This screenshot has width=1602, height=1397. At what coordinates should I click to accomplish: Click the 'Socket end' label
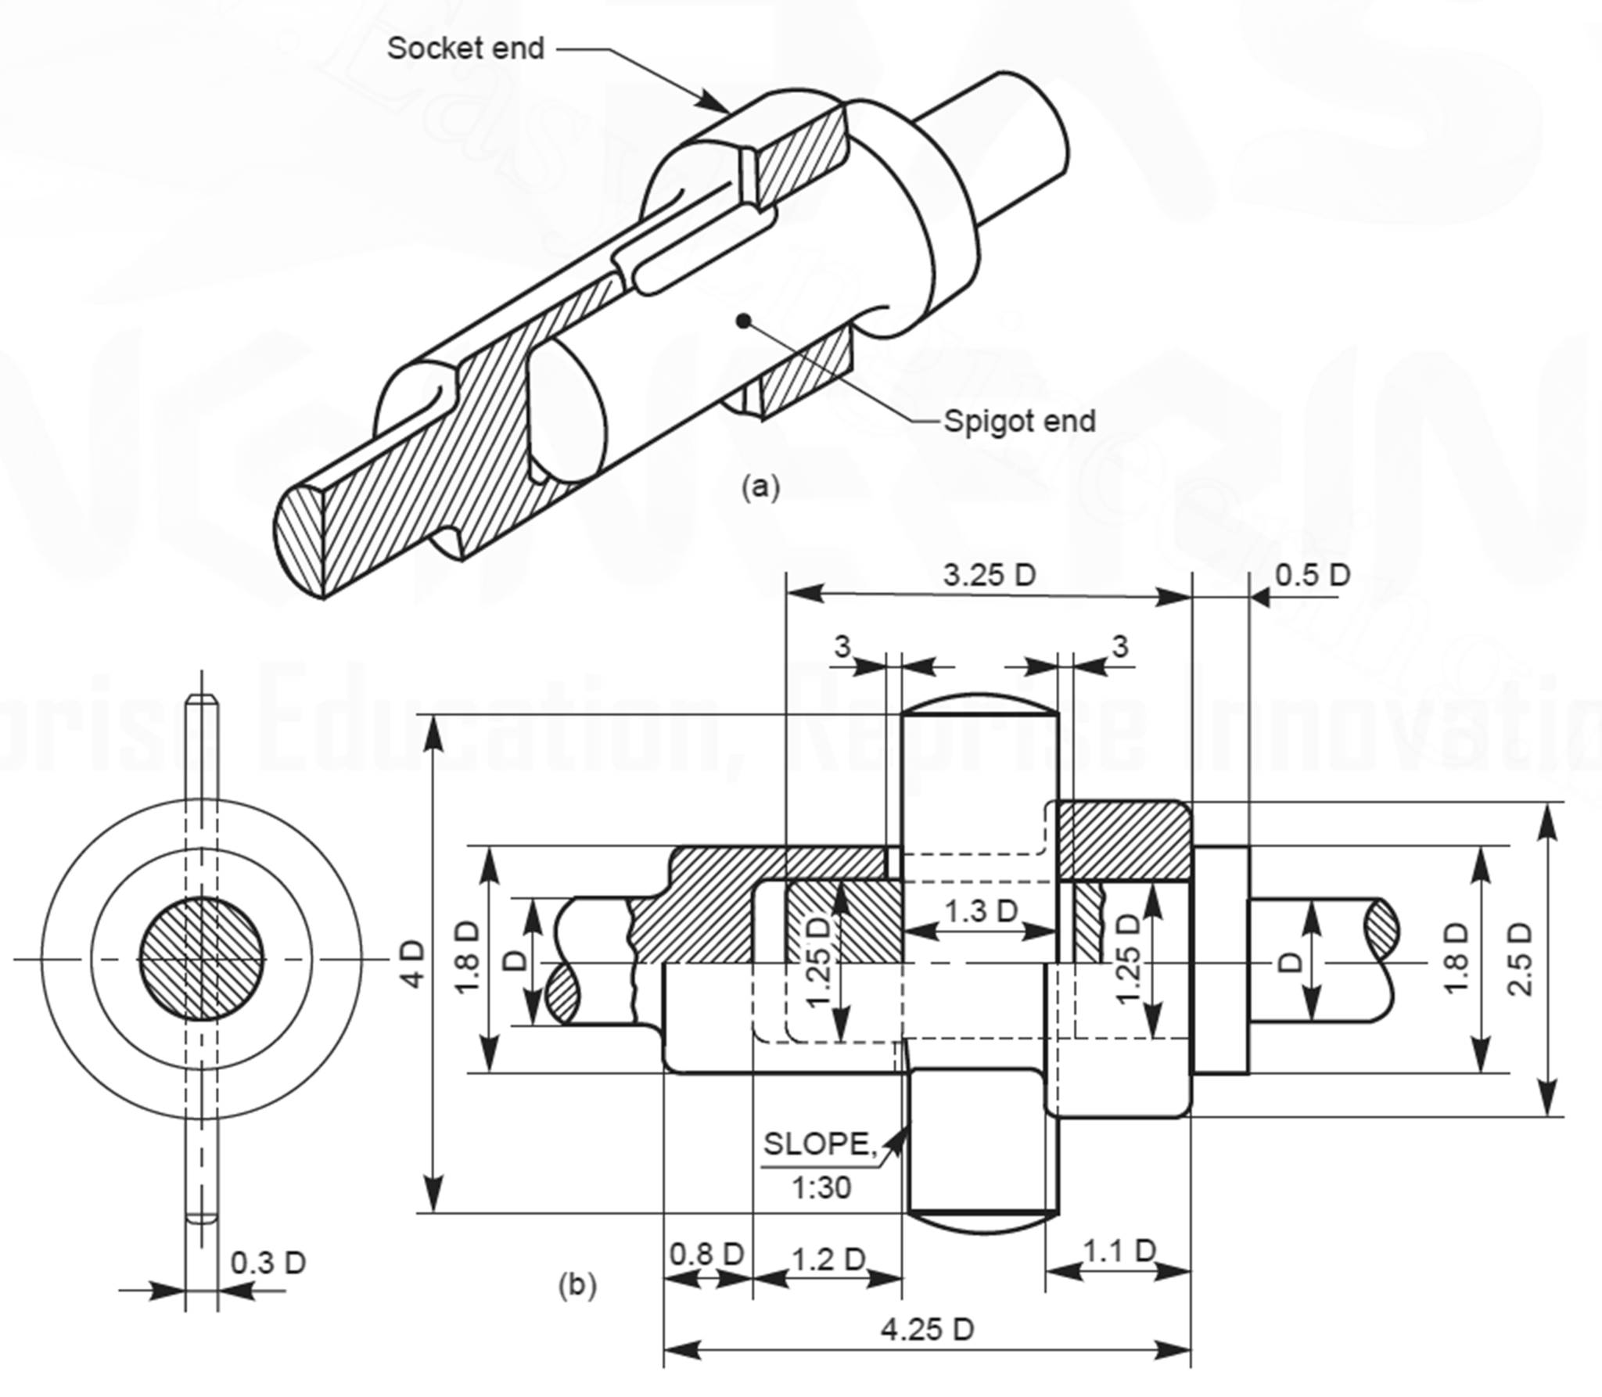465,48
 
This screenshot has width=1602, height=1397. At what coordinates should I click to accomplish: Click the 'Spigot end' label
1019,421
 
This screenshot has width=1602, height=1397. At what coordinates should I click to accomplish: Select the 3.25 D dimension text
989,575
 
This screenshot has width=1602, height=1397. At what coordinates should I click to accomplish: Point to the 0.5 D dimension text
1313,575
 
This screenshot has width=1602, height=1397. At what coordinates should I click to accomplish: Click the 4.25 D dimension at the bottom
927,1329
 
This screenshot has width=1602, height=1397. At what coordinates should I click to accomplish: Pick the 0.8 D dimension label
706,1254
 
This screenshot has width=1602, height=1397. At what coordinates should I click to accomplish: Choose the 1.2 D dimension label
828,1259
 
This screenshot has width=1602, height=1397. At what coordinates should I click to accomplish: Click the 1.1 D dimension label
1119,1251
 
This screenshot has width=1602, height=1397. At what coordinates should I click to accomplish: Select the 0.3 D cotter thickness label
268,1262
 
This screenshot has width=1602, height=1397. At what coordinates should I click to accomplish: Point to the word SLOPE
817,1144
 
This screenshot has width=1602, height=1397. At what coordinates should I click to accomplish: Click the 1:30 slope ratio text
821,1189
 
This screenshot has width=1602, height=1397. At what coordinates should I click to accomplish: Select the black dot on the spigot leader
744,319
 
